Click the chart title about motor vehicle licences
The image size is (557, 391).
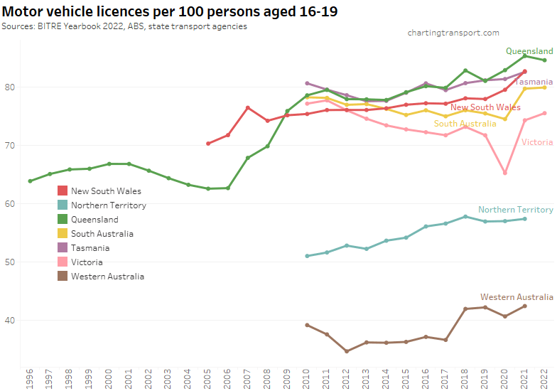[170, 12]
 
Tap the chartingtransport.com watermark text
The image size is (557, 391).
[453, 33]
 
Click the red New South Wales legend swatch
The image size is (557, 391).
[63, 191]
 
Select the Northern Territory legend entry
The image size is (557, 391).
[109, 205]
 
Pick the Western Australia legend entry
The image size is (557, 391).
[107, 276]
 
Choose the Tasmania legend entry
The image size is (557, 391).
[91, 247]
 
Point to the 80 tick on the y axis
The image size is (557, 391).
[13, 87]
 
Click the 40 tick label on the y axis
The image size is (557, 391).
[13, 321]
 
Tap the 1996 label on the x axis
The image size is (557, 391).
[30, 379]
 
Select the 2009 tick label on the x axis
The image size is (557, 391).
[287, 379]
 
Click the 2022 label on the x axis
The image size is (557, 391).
[544, 379]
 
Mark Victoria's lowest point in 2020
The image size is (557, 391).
[505, 173]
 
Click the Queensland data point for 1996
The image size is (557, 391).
[30, 181]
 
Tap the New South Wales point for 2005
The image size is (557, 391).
[208, 144]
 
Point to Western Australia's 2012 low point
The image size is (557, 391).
[347, 351]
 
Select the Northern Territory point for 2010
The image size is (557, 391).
[307, 256]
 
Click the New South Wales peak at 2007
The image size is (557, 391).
[248, 108]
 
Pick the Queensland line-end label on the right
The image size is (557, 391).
[529, 51]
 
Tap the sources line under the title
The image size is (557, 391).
[124, 26]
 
